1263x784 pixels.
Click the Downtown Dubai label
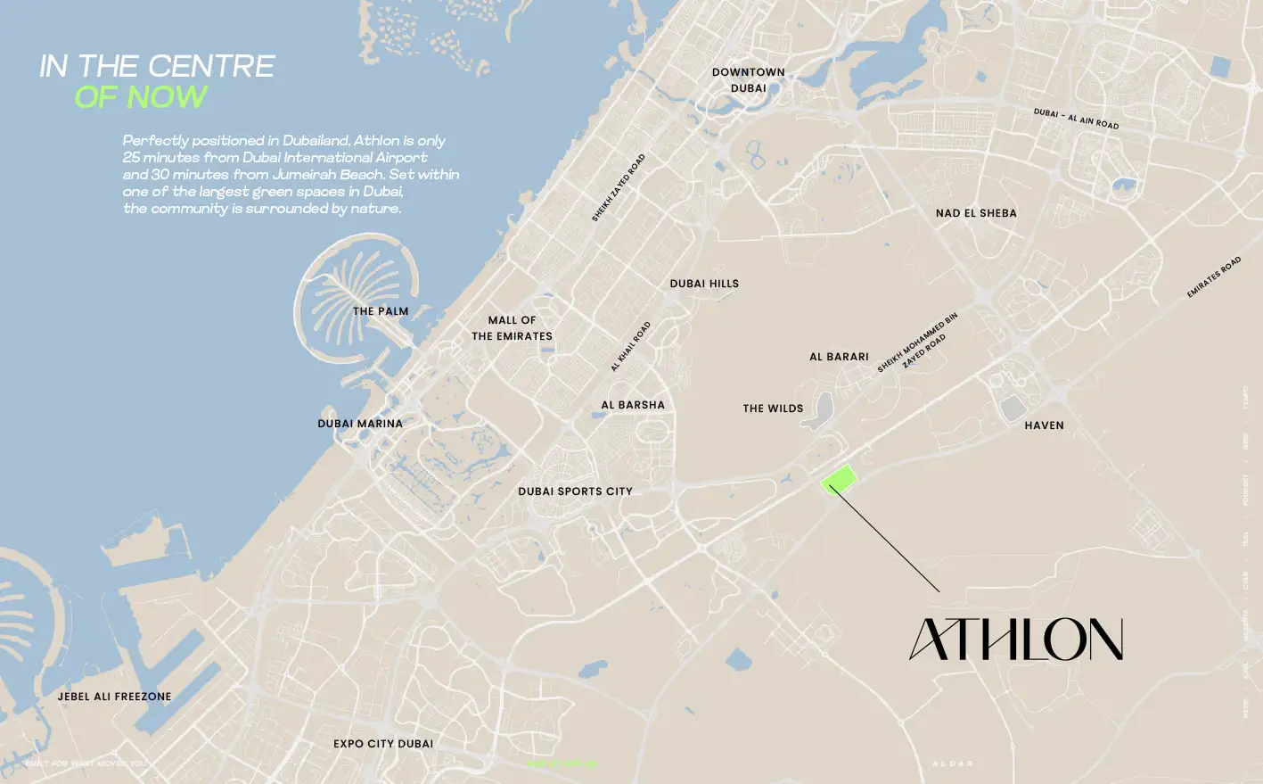pyautogui.click(x=748, y=80)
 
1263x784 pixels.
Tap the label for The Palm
pyautogui.click(x=381, y=311)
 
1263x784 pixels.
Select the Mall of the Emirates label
pyautogui.click(x=512, y=328)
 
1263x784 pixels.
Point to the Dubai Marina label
pyautogui.click(x=360, y=424)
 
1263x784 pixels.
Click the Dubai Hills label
pyautogui.click(x=704, y=284)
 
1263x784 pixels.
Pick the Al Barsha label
pyautogui.click(x=633, y=405)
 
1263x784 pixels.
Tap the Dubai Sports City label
pyautogui.click(x=575, y=491)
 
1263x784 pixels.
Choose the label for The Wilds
pyautogui.click(x=773, y=409)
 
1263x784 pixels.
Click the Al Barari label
pyautogui.click(x=839, y=357)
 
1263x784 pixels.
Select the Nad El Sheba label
pyautogui.click(x=976, y=213)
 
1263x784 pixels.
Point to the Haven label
pyautogui.click(x=1044, y=425)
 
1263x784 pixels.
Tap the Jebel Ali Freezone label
pyautogui.click(x=114, y=697)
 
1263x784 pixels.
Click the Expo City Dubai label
pyautogui.click(x=383, y=744)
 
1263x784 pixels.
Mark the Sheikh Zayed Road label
pyautogui.click(x=619, y=187)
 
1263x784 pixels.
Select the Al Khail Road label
pyautogui.click(x=631, y=346)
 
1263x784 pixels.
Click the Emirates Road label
pyautogui.click(x=1213, y=277)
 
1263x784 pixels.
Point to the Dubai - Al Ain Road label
pyautogui.click(x=1076, y=119)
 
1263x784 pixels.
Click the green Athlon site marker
pyautogui.click(x=838, y=479)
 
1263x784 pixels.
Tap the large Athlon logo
pyautogui.click(x=1015, y=640)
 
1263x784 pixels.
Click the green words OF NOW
pyautogui.click(x=141, y=97)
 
